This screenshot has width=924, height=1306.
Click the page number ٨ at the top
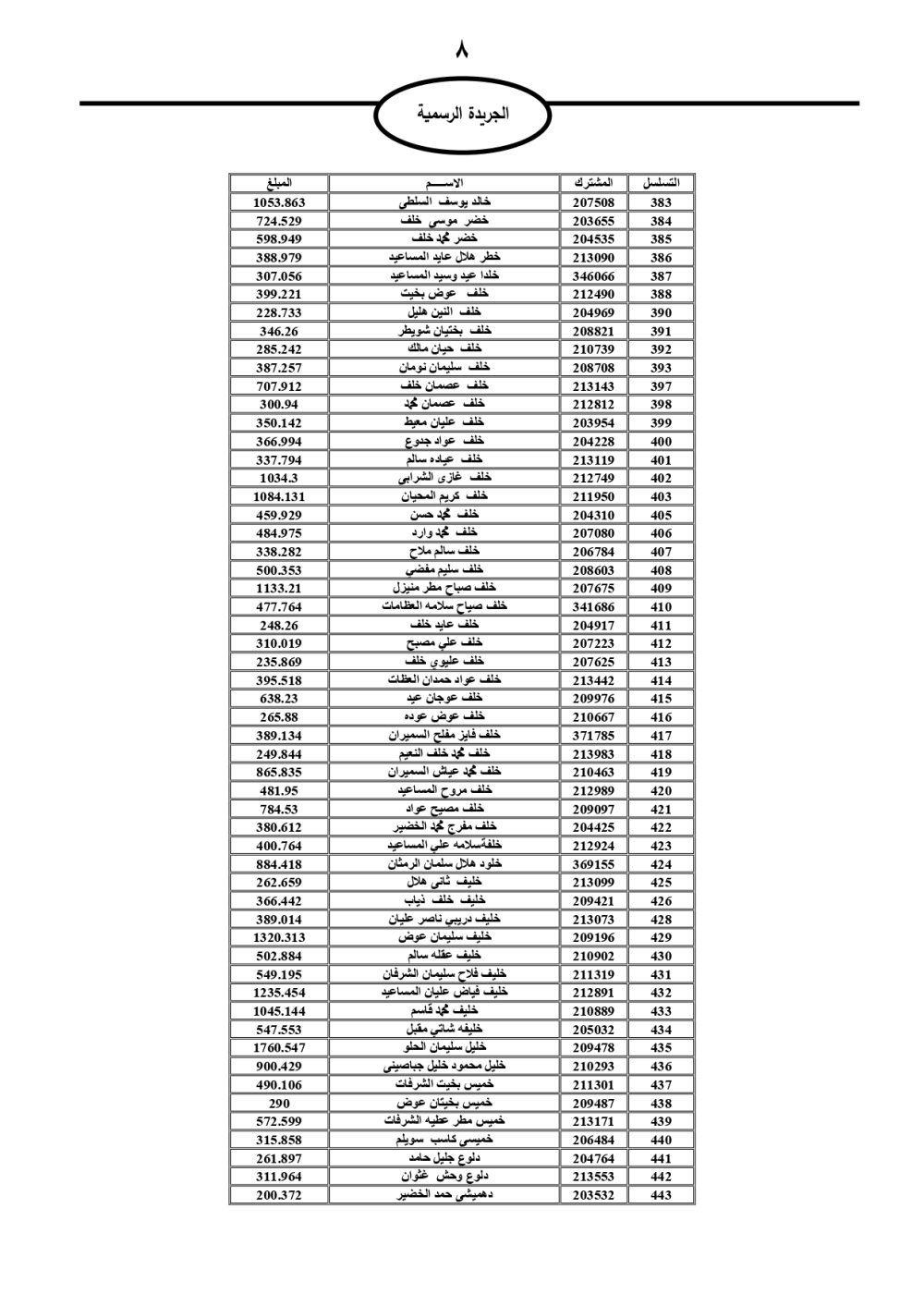coord(462,49)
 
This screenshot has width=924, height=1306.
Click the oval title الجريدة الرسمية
coord(462,116)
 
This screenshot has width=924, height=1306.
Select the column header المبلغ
coord(278,183)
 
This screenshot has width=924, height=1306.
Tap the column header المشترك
coord(592,183)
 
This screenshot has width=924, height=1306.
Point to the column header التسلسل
coord(661,183)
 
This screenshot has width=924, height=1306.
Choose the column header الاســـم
coord(444,183)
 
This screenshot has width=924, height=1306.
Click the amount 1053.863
coord(278,202)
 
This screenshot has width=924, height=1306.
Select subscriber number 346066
coord(592,275)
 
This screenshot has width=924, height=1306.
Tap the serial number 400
coord(661,441)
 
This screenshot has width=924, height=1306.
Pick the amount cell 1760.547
coord(278,1047)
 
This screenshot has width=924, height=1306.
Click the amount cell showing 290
coord(278,1103)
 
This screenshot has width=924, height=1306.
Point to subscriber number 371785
coord(592,735)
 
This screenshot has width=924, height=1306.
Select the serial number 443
coord(661,1194)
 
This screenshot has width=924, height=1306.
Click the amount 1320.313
coord(278,937)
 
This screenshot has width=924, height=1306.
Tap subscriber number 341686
coord(592,606)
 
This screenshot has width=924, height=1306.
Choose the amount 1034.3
coord(278,478)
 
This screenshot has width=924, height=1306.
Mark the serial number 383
coord(661,202)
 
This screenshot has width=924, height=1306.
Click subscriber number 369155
coord(592,863)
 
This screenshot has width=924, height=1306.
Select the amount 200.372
coord(278,1194)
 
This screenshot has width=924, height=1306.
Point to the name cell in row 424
coord(444,863)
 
